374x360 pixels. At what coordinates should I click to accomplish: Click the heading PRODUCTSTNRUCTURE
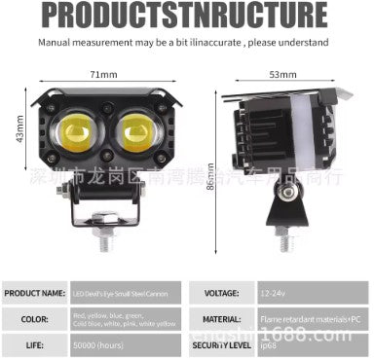pos(186,16)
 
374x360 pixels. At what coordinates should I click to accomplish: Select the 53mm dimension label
pos(282,74)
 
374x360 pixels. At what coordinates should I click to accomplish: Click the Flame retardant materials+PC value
pos(310,318)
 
